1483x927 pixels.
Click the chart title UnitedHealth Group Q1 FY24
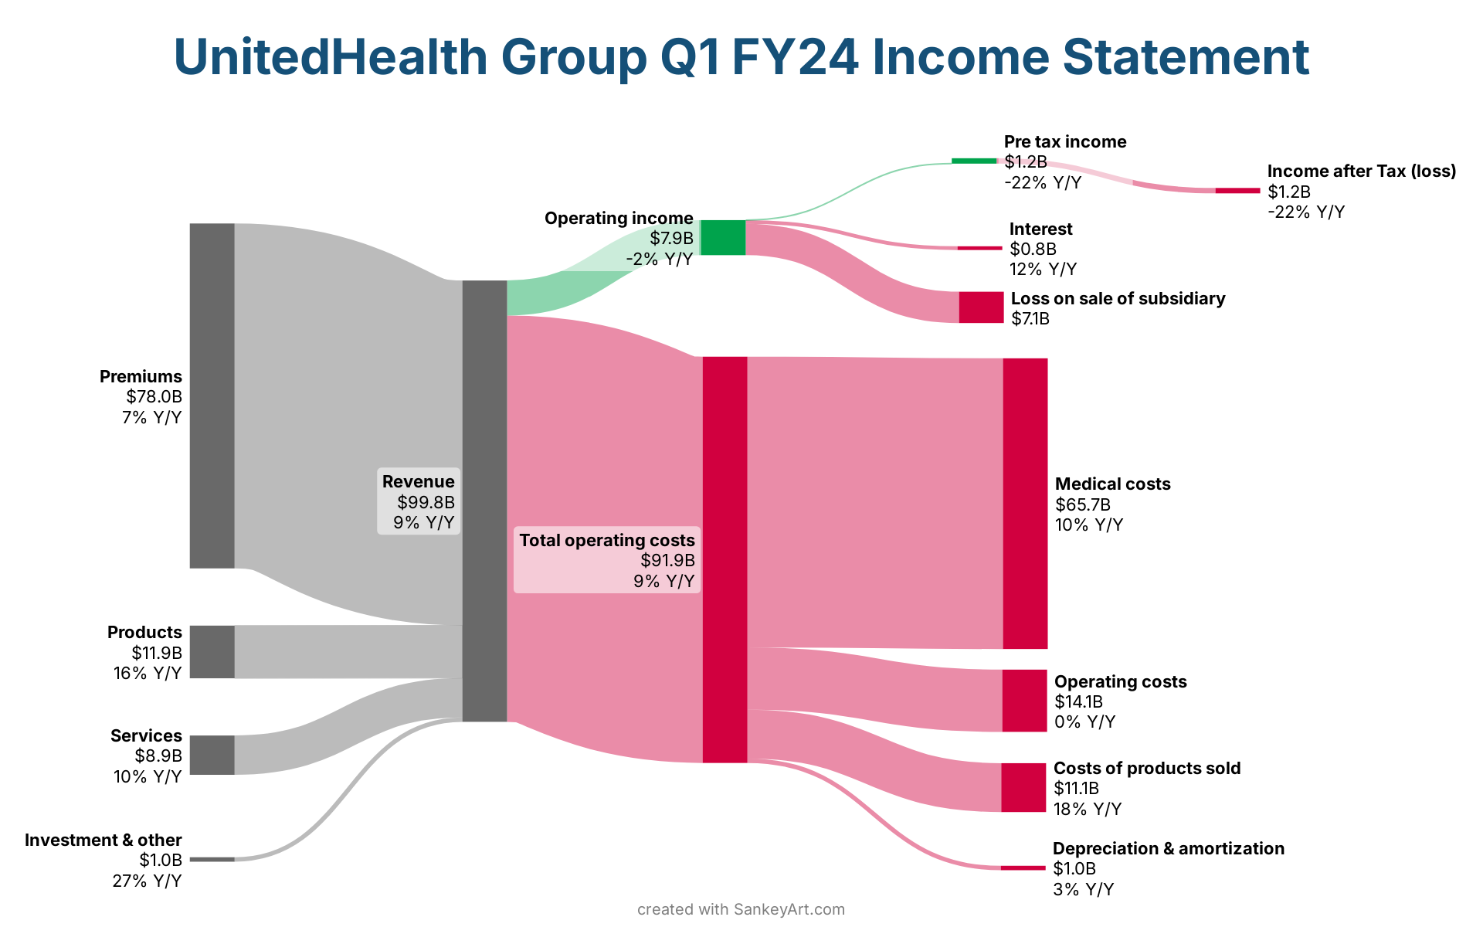coord(741,57)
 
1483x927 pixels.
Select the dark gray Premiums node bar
coord(212,396)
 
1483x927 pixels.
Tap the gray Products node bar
coord(212,652)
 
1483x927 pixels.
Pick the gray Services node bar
coord(212,755)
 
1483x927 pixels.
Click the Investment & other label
coord(104,840)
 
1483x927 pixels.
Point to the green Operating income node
coord(723,237)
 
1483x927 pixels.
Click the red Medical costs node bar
coord(1025,504)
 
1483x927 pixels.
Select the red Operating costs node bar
coord(1024,701)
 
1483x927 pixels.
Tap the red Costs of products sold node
coord(1023,787)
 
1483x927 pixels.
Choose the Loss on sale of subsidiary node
coord(981,307)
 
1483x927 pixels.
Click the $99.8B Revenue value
coord(426,502)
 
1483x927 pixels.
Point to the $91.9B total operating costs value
coord(667,561)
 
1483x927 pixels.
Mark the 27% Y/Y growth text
coord(147,881)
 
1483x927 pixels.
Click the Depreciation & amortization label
coord(1168,849)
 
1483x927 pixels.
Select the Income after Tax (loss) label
coord(1361,171)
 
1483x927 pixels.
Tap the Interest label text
coord(1040,229)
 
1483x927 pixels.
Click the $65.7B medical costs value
coord(1082,505)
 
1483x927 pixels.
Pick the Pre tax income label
coord(1064,142)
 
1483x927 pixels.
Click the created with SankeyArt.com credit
coord(741,910)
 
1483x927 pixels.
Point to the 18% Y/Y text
coord(1087,810)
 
